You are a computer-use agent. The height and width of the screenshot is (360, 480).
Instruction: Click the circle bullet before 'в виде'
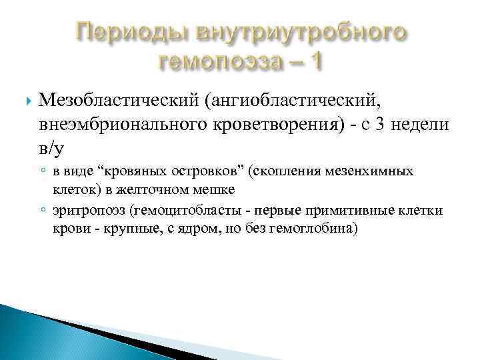pos(43,172)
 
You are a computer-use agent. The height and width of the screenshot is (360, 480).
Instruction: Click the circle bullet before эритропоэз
pos(43,212)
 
